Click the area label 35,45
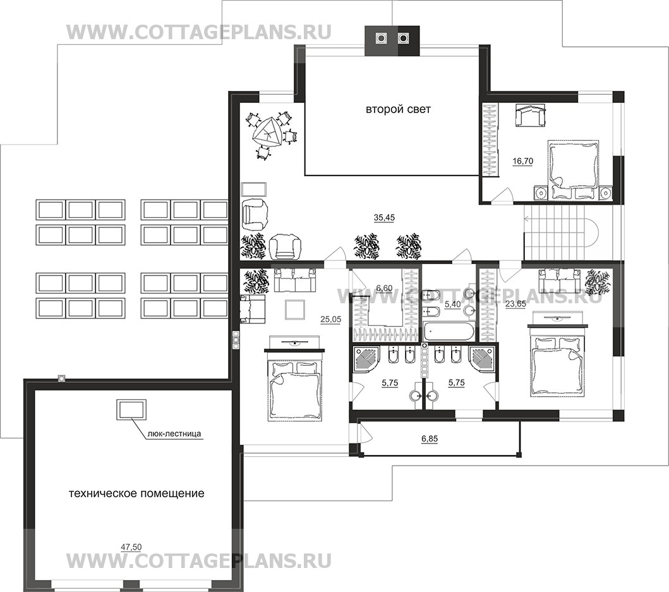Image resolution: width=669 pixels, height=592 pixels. click(x=385, y=218)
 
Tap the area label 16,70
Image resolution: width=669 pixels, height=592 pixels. click(x=522, y=161)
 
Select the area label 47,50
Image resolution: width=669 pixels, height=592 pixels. click(x=131, y=548)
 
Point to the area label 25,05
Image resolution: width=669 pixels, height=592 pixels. click(x=330, y=319)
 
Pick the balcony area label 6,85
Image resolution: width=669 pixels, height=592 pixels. click(x=430, y=438)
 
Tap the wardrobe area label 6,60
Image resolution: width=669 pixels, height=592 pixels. click(x=383, y=289)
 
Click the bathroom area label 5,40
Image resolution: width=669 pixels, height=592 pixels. click(x=453, y=305)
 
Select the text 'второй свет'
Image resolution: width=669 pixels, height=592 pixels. click(x=398, y=109)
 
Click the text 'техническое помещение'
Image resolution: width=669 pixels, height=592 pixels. click(x=136, y=493)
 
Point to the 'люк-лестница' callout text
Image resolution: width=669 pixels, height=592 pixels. click(x=174, y=434)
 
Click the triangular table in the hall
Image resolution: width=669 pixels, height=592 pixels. click(x=267, y=133)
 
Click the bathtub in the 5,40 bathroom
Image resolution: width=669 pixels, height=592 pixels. click(x=448, y=332)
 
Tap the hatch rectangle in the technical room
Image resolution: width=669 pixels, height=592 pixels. click(x=131, y=410)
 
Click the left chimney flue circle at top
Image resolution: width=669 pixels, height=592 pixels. click(x=380, y=39)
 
